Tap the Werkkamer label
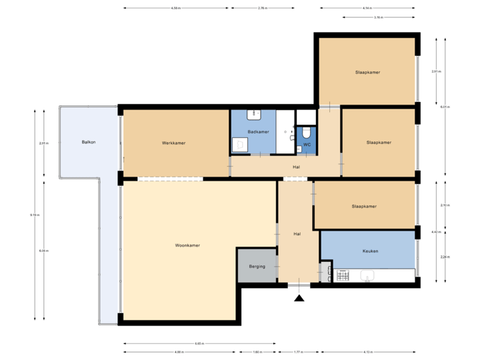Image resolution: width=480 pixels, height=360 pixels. click(x=173, y=143)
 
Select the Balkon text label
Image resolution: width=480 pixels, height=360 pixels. click(x=89, y=142)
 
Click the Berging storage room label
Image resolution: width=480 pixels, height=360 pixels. click(x=257, y=267)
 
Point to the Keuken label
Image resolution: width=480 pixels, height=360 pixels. click(x=370, y=251)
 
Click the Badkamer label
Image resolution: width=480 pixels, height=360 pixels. click(x=257, y=132)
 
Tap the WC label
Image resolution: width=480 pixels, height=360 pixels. click(x=307, y=144)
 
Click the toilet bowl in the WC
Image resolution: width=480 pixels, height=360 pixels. click(x=306, y=132)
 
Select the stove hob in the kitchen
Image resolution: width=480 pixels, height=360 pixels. click(x=343, y=275)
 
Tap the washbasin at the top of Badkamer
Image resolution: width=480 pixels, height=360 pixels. click(x=254, y=115)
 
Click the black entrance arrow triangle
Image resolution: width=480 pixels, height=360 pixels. click(x=299, y=298)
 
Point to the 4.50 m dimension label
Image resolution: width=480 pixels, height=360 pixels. click(x=175, y=9)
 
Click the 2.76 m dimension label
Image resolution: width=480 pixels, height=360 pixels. click(x=263, y=9)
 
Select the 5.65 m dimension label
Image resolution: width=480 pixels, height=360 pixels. click(x=199, y=344)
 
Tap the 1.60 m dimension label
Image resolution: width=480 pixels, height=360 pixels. click(x=257, y=352)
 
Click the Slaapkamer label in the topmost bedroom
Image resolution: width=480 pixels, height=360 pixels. click(x=367, y=72)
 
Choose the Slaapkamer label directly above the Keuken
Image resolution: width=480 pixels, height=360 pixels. click(x=364, y=207)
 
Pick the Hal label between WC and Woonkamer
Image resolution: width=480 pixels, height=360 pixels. click(x=296, y=167)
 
